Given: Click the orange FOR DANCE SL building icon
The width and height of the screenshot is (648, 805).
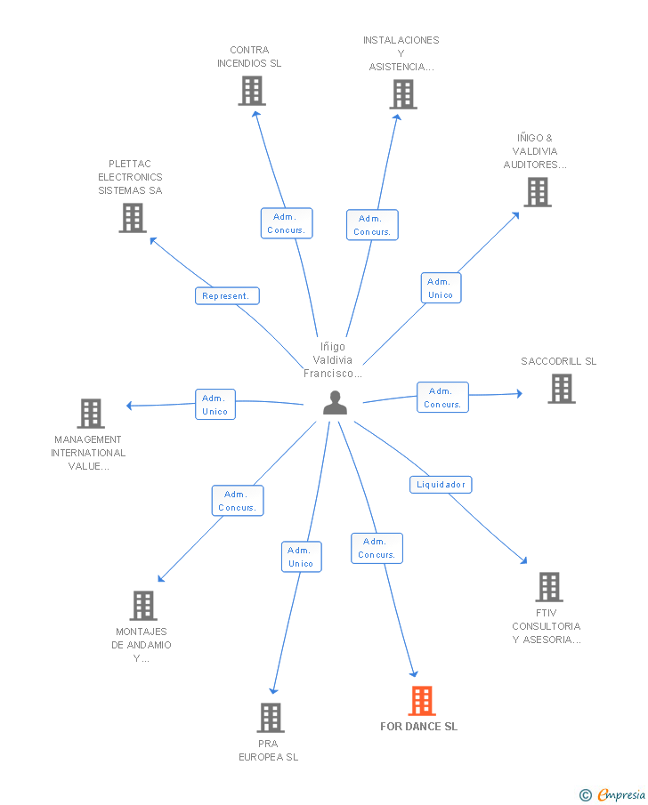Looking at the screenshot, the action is [x=422, y=701].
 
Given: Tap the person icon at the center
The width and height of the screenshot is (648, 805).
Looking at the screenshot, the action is [x=335, y=402].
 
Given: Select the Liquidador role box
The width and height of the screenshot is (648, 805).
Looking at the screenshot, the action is [x=441, y=485].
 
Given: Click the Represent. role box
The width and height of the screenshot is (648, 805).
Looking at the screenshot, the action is [x=227, y=295].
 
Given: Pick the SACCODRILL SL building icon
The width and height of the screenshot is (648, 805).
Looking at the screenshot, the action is [x=562, y=389].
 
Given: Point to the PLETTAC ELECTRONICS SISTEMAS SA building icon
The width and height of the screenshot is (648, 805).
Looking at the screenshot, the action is [x=133, y=218].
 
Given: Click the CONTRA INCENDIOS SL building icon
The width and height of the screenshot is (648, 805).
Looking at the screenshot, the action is [x=252, y=91].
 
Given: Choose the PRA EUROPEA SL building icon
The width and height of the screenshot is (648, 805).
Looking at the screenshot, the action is [x=271, y=718].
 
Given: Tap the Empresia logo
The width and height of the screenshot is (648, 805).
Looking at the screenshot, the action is [x=612, y=794].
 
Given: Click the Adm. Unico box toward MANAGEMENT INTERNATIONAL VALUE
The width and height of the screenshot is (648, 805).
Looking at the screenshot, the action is [x=215, y=405].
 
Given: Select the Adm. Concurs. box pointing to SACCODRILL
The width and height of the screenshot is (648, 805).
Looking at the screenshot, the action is [x=442, y=398].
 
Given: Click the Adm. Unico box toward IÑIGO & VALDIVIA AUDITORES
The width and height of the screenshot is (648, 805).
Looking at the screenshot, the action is [x=441, y=288].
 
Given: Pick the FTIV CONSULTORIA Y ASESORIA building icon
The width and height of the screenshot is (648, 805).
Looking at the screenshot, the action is [x=549, y=587].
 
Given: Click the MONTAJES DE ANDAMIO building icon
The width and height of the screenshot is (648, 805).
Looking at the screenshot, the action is [x=142, y=606].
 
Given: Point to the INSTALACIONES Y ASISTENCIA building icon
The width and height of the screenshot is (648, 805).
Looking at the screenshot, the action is [x=403, y=94].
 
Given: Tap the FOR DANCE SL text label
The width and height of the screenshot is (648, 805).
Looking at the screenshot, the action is [x=419, y=727].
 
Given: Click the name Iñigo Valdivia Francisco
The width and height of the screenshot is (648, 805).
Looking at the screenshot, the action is [x=333, y=360].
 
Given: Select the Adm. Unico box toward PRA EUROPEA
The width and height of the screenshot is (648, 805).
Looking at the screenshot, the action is [x=302, y=557].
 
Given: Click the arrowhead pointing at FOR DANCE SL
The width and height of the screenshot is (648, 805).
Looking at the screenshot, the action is [x=414, y=673].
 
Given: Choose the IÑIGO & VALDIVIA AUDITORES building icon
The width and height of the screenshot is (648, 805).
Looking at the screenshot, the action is [x=538, y=192].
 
